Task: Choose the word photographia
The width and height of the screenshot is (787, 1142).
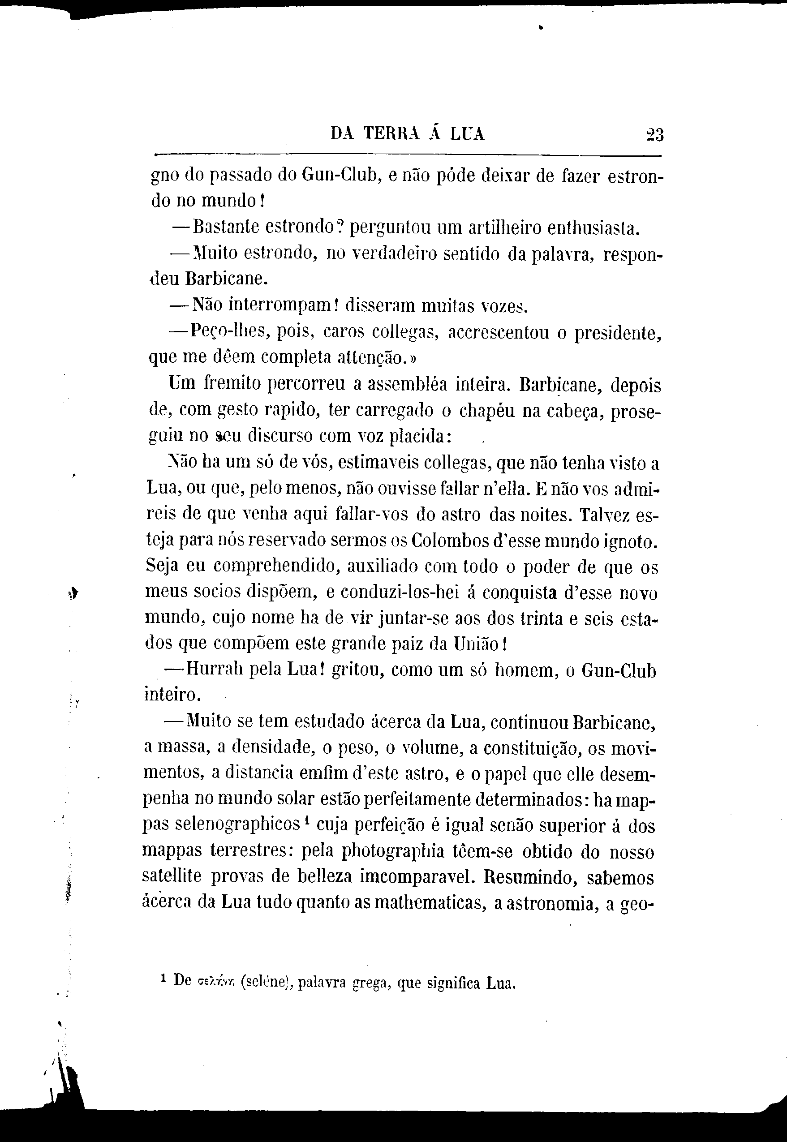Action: point(407,851)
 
